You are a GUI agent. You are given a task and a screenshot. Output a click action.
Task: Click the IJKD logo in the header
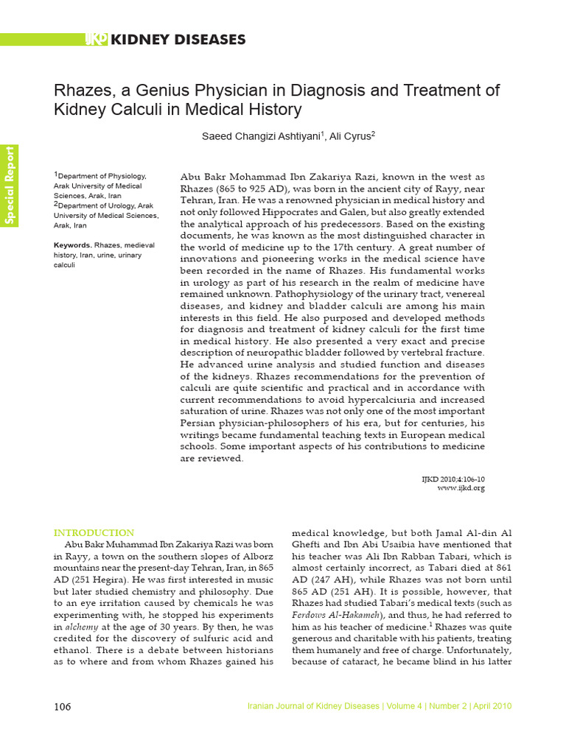click(x=96, y=39)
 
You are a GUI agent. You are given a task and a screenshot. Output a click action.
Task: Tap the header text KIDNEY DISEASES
click(x=178, y=39)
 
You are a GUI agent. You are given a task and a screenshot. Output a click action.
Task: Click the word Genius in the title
click(x=141, y=91)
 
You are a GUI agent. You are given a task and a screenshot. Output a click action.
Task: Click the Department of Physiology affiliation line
click(x=101, y=176)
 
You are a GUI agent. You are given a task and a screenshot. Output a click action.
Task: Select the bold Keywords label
click(x=72, y=245)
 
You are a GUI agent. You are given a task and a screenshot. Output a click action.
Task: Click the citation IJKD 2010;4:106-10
click(x=453, y=479)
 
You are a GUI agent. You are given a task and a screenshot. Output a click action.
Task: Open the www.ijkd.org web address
click(x=461, y=488)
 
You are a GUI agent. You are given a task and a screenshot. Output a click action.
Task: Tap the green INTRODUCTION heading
click(x=94, y=532)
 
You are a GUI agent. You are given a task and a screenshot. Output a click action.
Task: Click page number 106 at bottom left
click(x=63, y=707)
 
